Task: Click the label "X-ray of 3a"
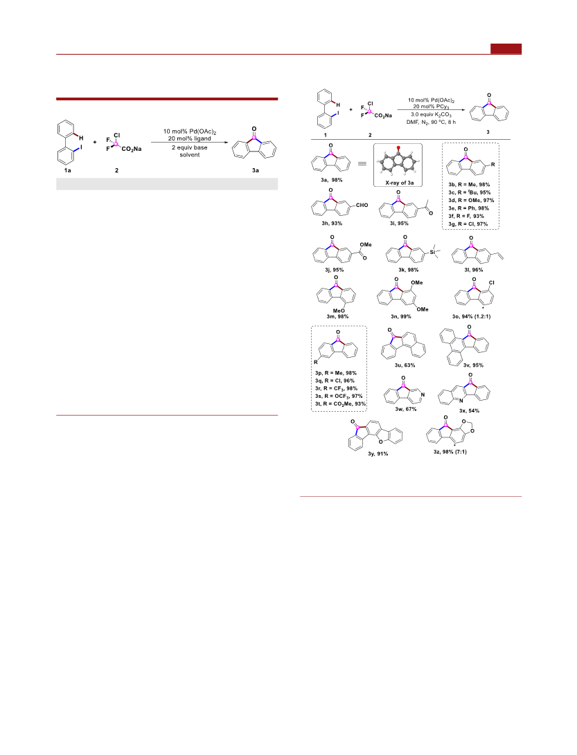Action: (x=399, y=183)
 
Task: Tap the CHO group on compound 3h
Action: (x=362, y=205)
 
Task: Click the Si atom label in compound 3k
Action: (x=432, y=252)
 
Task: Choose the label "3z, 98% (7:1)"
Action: (x=450, y=452)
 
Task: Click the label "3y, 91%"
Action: (x=378, y=453)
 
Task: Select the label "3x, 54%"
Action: (x=469, y=411)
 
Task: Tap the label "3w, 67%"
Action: (x=407, y=409)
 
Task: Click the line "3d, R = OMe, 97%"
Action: (x=471, y=200)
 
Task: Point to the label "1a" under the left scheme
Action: (x=67, y=170)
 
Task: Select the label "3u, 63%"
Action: (x=405, y=365)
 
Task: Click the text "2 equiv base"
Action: (x=189, y=147)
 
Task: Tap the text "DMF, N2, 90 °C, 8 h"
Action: (x=431, y=122)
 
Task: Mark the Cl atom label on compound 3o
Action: (x=492, y=282)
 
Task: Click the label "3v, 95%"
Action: (x=473, y=365)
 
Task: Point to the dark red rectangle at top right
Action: (x=506, y=48)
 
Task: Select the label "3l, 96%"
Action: (x=474, y=270)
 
